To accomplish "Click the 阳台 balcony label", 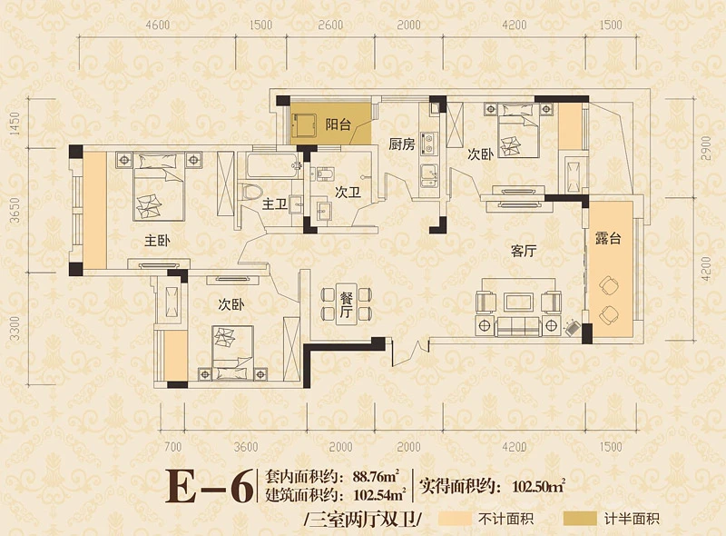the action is pos(338,124).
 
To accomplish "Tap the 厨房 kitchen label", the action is pos(401,144).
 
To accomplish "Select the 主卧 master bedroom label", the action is pos(157,241).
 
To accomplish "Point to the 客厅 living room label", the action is pos(524,251).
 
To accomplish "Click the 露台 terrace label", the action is pos(608,238).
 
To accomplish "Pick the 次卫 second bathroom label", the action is pos(348,192).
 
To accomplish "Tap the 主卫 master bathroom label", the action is pos(275,203).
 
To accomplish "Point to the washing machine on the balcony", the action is pos(303,124).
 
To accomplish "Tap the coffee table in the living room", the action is pos(518,302).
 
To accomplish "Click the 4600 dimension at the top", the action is pos(157,25).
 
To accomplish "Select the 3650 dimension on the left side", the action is pos(15,210).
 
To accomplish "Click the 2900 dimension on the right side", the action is pos(705,148).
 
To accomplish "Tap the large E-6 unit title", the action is pos(210,486).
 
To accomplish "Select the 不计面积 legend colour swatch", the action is pos(455,519).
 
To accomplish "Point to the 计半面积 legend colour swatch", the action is pos(580,519).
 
